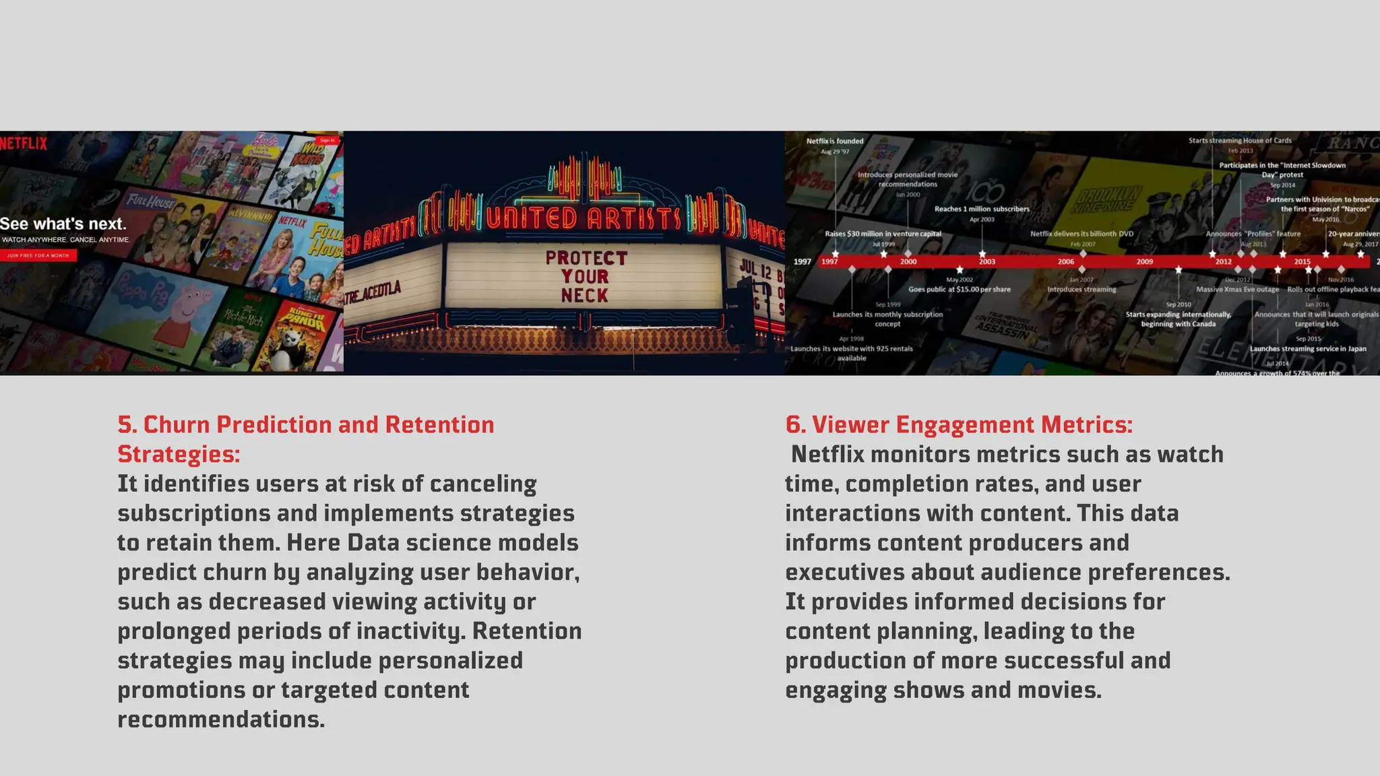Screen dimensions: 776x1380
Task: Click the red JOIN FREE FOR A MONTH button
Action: [38, 256]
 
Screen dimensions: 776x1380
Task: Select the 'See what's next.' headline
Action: [63, 224]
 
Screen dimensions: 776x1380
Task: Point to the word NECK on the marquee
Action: [584, 295]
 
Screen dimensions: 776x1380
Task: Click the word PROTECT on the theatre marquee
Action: [586, 258]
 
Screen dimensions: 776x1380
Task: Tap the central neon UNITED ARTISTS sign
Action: [584, 218]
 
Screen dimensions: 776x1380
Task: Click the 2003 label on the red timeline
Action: [986, 261]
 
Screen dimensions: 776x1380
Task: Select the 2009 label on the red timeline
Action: [1144, 261]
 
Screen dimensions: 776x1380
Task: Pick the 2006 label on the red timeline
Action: [1065, 261]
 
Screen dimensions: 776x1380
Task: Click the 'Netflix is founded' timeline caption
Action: [835, 141]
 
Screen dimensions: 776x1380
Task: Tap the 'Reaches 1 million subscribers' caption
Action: [982, 209]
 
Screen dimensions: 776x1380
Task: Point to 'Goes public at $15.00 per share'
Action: [960, 290]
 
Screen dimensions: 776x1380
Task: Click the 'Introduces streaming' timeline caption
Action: [1081, 290]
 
